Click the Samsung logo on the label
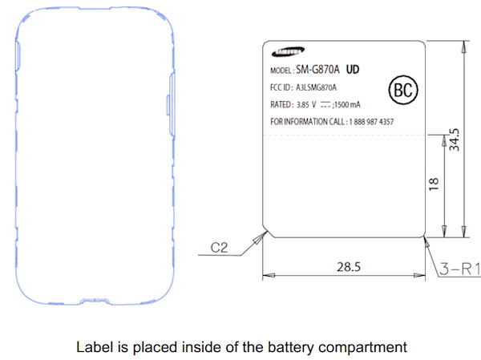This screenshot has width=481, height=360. tap(288, 51)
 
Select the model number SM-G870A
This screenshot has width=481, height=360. tap(317, 70)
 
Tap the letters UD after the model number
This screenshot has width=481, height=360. tap(353, 70)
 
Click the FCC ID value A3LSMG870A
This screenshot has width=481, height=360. tap(316, 87)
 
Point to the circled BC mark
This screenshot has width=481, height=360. tap(403, 90)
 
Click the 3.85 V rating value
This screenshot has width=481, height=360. tap(306, 105)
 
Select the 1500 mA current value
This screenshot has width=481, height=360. tap(347, 105)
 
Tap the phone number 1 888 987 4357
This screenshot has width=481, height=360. tap(371, 122)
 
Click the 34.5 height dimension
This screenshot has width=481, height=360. tap(455, 140)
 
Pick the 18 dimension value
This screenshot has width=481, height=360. tap(434, 184)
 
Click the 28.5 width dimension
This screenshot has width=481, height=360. tap(349, 267)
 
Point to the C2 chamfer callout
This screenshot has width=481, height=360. tap(219, 248)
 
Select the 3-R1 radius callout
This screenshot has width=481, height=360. tap(459, 269)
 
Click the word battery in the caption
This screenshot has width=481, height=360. tap(290, 347)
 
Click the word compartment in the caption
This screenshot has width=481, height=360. tap(362, 348)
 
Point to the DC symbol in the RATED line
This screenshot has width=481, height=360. tap(325, 105)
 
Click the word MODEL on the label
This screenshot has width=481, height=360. tap(281, 71)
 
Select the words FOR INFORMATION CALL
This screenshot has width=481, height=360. tap(307, 122)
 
